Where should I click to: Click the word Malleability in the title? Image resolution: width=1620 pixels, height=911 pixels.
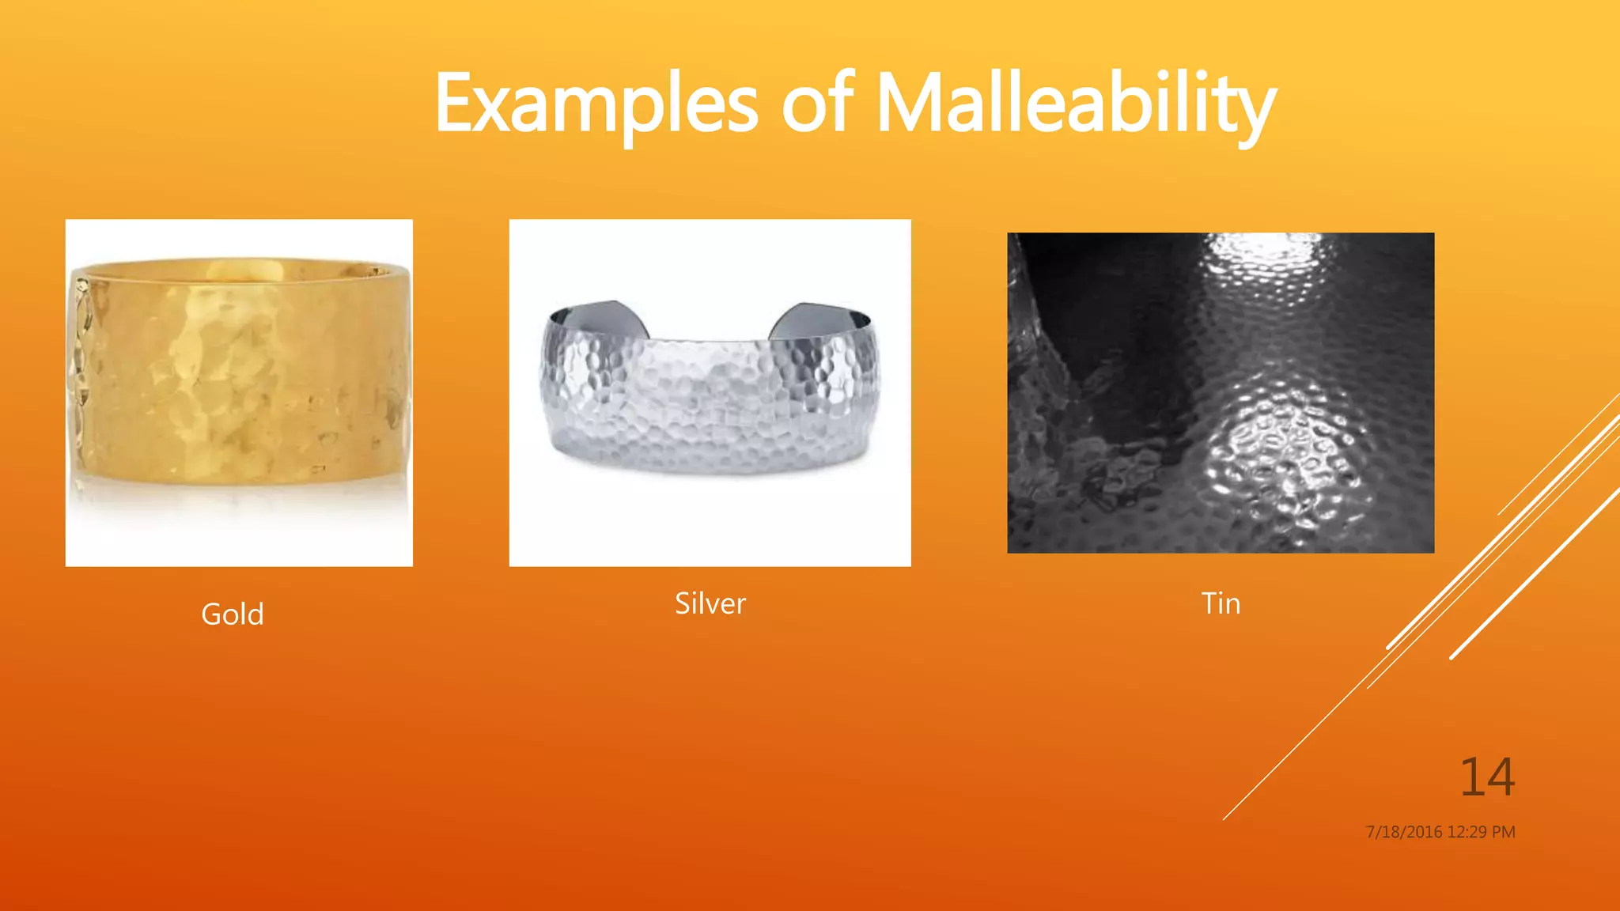tap(1076, 104)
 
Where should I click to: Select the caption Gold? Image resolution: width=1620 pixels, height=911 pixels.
tap(232, 614)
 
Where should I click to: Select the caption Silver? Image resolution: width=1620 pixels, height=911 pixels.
tap(710, 603)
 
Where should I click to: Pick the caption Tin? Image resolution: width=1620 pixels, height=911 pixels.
tap(1221, 603)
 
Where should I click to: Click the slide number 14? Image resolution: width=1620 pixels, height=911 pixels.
tap(1486, 777)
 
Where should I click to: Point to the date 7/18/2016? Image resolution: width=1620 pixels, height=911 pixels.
tap(1404, 832)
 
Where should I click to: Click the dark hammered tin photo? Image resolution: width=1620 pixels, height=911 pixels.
tap(1221, 393)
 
